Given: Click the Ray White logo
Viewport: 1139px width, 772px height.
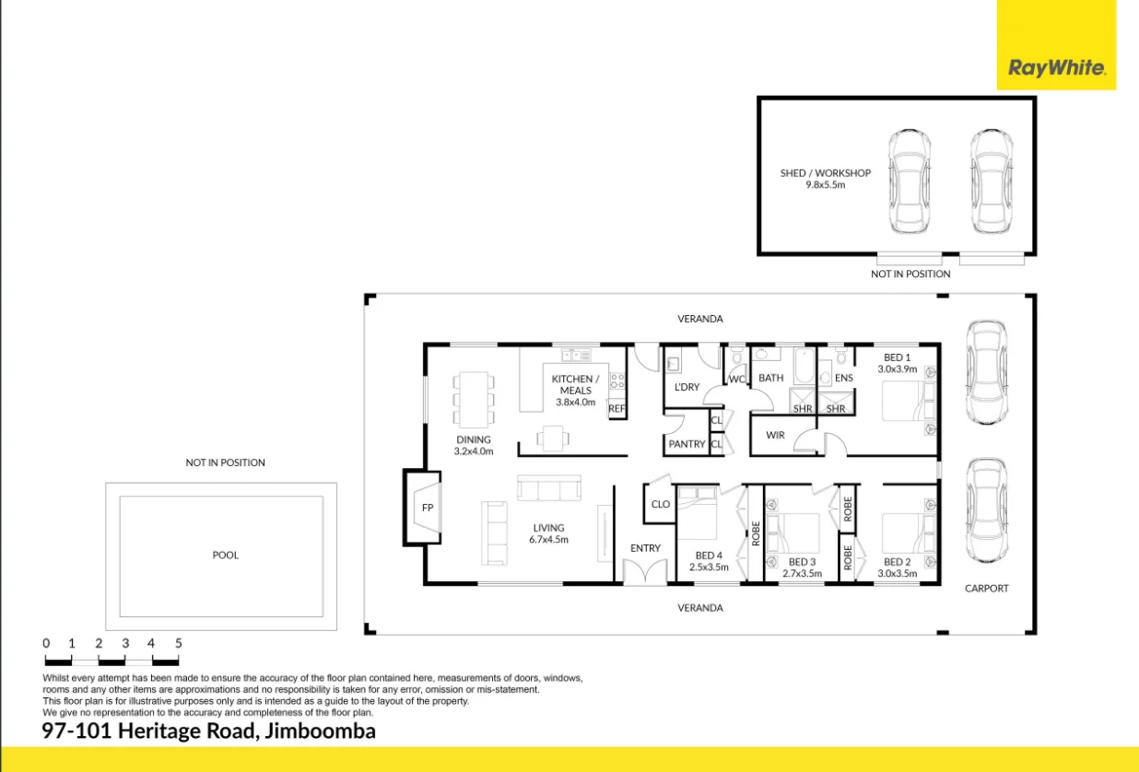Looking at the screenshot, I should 1056,67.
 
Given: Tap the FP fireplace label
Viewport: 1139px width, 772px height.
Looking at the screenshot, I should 428,508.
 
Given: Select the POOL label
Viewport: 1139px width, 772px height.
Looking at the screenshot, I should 226,556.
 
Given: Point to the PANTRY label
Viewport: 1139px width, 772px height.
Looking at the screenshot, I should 687,444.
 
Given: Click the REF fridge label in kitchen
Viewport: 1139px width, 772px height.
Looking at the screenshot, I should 616,408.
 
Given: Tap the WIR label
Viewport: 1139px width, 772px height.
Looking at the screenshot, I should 775,435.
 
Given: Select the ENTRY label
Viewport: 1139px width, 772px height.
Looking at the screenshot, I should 645,548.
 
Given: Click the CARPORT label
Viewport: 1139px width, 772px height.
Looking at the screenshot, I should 986,588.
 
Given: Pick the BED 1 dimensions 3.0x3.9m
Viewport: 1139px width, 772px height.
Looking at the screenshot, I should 898,368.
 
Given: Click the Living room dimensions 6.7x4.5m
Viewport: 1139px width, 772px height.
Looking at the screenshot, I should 548,540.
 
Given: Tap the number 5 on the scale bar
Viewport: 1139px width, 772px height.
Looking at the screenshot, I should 178,643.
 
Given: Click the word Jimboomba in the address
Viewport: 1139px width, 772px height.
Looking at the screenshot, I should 321,731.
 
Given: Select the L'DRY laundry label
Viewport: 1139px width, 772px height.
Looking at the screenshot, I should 687,387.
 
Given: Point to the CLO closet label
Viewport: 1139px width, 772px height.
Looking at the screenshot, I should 660,504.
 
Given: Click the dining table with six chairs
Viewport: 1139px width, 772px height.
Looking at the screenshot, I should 473,398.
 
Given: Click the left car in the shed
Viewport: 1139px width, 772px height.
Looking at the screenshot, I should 909,181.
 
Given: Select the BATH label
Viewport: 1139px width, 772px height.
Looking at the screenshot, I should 771,378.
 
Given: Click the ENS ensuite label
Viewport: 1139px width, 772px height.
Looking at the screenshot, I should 844,378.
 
